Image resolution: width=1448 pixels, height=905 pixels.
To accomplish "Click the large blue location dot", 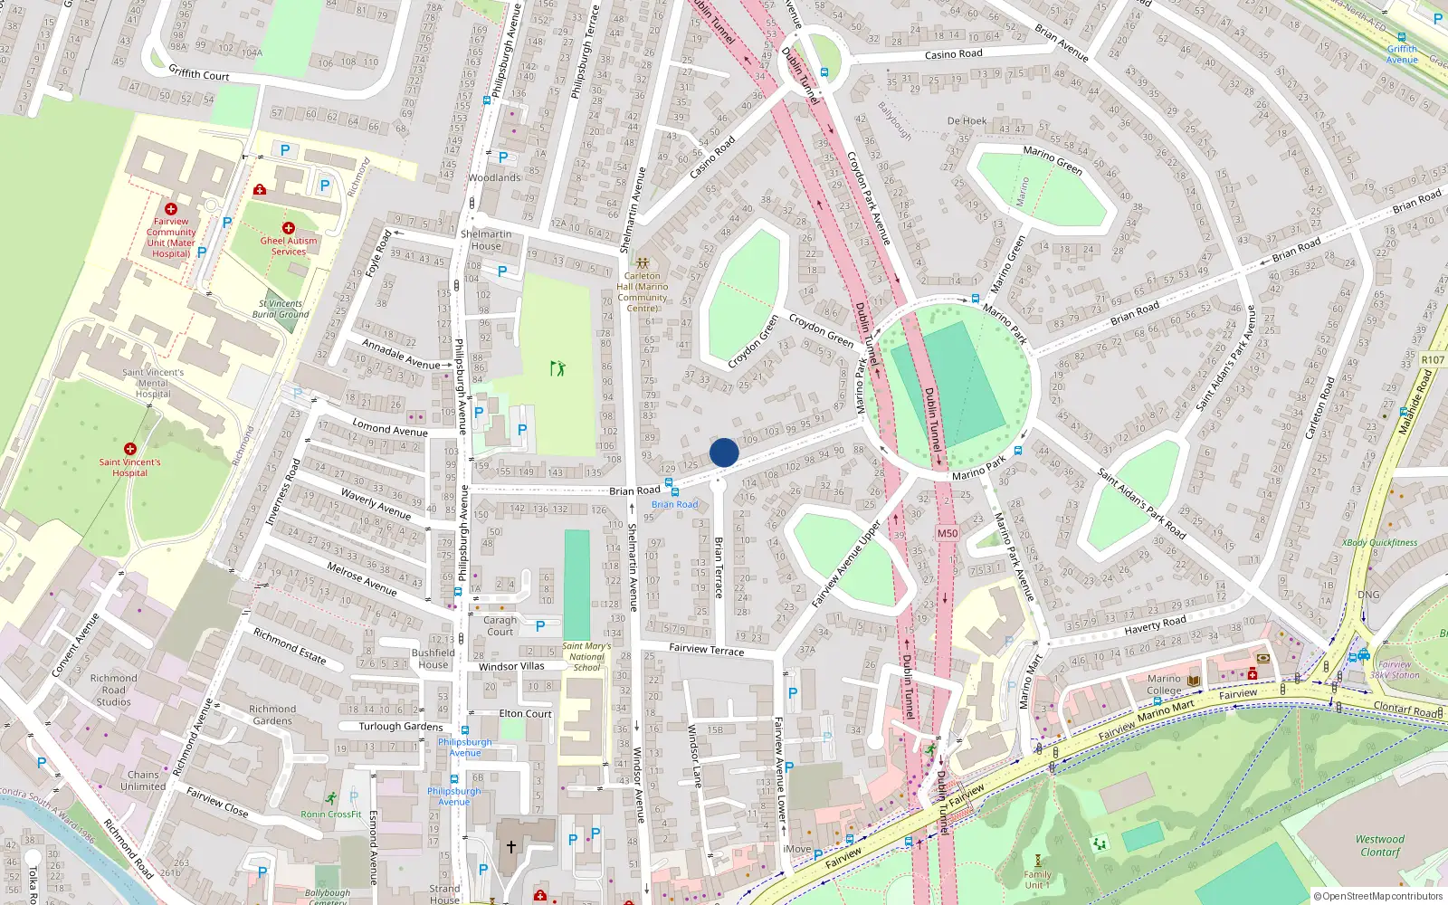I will [724, 452].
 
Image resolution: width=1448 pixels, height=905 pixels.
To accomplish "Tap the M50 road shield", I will [947, 533].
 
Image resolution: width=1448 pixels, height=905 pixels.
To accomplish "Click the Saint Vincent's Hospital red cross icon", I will [130, 449].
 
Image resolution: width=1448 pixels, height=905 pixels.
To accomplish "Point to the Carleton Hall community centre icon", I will [643, 263].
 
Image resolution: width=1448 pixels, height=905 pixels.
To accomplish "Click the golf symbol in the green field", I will [557, 368].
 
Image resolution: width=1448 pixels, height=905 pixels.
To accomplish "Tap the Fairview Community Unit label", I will [171, 237].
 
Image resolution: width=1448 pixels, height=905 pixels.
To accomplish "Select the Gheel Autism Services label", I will [289, 246].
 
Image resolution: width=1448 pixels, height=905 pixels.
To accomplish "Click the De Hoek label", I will [967, 120].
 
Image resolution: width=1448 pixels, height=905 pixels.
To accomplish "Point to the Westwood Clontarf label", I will [1380, 845].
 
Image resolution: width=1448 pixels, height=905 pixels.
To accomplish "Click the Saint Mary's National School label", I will [586, 657].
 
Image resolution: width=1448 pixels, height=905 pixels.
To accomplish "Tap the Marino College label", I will [1164, 684].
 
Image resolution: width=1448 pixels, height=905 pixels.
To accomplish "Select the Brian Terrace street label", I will [719, 567].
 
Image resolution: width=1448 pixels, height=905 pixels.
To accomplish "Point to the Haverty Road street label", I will [1155, 625].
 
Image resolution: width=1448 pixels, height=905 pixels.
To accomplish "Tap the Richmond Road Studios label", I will [113, 690].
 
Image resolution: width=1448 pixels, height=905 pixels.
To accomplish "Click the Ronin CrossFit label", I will [331, 814].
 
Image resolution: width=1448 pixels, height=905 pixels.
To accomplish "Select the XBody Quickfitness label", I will [1380, 543].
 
